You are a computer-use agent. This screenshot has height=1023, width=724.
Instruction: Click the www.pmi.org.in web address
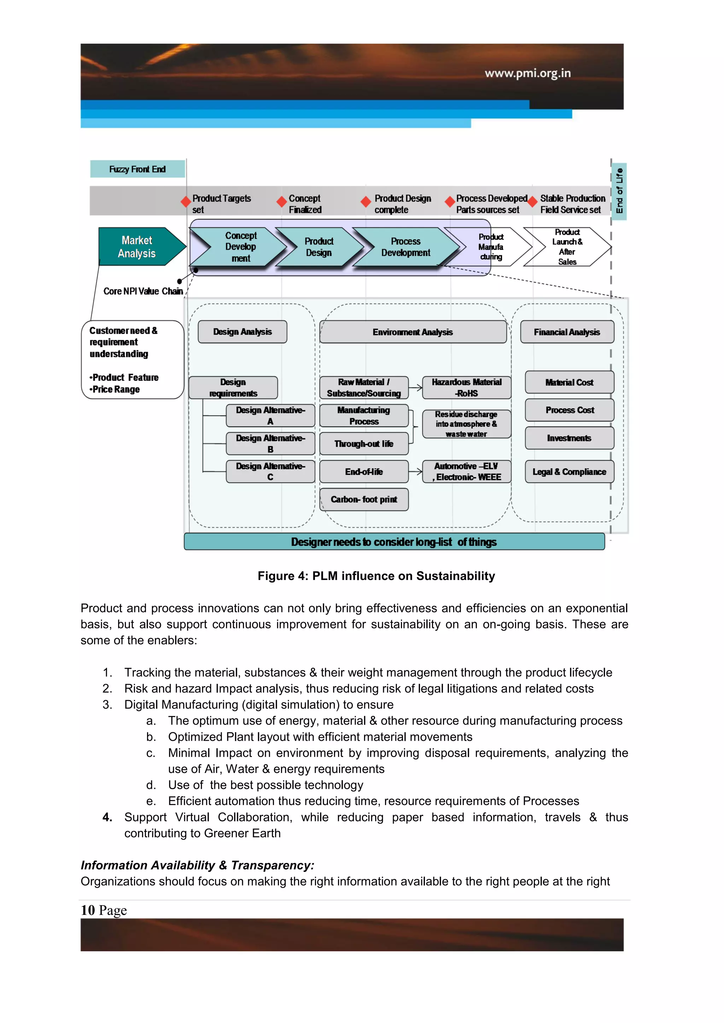click(x=527, y=73)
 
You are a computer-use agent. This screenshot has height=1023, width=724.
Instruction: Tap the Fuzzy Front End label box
click(x=137, y=169)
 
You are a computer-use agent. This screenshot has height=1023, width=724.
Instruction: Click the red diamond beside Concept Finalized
click(x=281, y=202)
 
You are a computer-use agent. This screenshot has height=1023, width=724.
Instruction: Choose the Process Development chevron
click(x=405, y=247)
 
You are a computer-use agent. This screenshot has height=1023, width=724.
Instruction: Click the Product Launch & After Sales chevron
click(x=567, y=247)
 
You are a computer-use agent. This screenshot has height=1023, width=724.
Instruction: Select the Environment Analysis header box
click(x=413, y=332)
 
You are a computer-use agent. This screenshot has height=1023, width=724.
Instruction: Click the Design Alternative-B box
click(x=270, y=444)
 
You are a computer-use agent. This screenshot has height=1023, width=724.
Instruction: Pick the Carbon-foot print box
click(x=364, y=499)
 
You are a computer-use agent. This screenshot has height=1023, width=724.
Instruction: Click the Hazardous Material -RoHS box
click(x=466, y=388)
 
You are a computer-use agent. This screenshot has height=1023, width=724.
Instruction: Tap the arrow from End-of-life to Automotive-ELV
click(x=415, y=471)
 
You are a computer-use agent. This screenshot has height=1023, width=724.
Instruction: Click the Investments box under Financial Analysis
click(x=569, y=438)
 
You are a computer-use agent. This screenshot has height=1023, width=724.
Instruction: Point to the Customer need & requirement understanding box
click(x=133, y=360)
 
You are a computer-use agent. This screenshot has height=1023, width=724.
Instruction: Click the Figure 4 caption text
click(x=376, y=576)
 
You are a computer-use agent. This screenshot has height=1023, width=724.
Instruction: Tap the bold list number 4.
click(x=107, y=817)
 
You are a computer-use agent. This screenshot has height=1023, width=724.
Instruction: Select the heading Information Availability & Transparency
click(x=197, y=865)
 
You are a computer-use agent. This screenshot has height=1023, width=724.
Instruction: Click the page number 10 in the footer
click(x=88, y=910)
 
